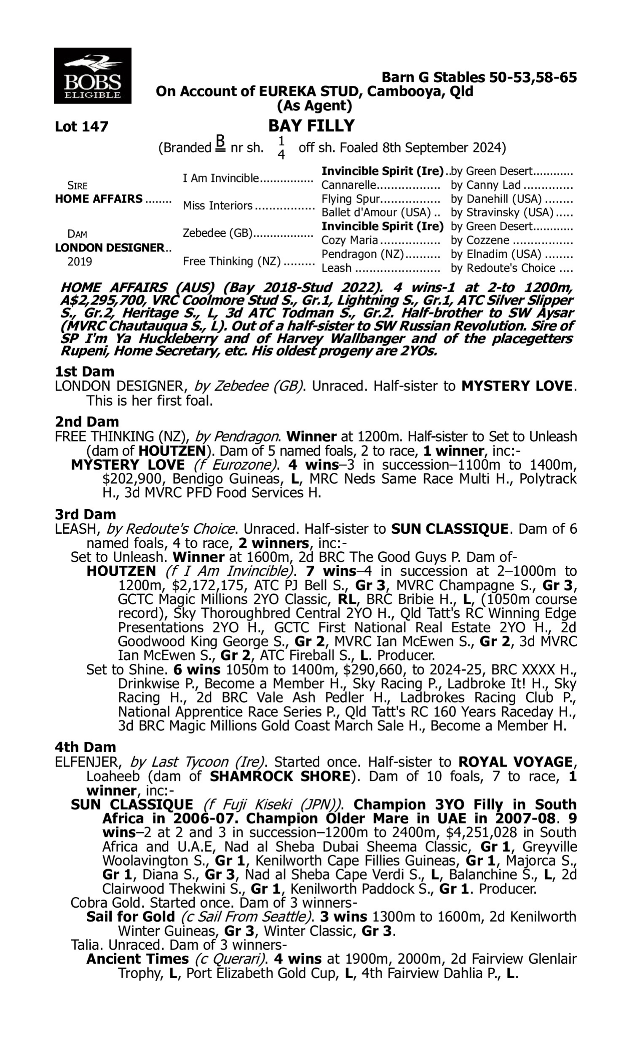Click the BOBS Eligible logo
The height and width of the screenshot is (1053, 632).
(x=92, y=76)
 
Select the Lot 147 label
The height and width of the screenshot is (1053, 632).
(x=81, y=127)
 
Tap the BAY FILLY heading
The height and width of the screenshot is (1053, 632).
(x=311, y=126)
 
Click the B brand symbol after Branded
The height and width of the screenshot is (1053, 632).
(x=220, y=144)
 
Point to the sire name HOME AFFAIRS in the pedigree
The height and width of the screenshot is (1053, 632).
(x=99, y=199)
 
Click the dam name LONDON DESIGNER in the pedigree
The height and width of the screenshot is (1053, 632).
(x=110, y=248)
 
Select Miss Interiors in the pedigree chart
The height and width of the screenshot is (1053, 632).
(x=218, y=206)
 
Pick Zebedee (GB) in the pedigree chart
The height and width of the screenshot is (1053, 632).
(x=218, y=233)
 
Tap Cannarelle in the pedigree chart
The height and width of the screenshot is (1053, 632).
(x=349, y=185)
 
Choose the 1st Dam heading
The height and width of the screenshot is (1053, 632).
(x=84, y=371)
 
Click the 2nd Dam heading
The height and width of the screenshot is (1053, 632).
(x=86, y=422)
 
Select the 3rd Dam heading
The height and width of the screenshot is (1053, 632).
(x=85, y=515)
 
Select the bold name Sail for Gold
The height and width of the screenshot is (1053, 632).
(x=130, y=917)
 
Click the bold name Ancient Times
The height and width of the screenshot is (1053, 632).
(x=137, y=959)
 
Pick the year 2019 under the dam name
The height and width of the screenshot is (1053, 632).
(x=80, y=261)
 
